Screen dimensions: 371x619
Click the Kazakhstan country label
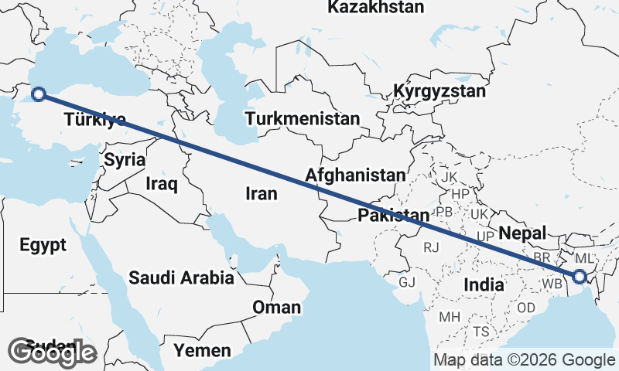(376, 8)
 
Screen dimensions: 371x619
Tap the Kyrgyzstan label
(439, 91)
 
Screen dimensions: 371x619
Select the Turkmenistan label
(303, 119)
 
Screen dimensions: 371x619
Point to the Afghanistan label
(355, 175)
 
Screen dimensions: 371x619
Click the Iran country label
(261, 194)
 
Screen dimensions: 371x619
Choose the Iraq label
(162, 184)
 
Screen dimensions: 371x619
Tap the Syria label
(125, 160)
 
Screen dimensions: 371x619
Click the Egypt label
(43, 245)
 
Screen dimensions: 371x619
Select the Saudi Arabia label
(181, 277)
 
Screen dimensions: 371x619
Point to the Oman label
(276, 308)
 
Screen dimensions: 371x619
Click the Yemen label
(201, 351)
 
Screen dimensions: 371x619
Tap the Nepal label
(522, 233)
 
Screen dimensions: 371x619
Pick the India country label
(484, 285)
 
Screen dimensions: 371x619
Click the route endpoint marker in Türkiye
(38, 94)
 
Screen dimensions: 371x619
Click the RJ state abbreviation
(431, 247)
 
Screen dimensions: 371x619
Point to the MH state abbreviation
(450, 317)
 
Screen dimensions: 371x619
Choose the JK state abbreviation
(450, 176)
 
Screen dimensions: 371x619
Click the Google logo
(52, 352)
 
